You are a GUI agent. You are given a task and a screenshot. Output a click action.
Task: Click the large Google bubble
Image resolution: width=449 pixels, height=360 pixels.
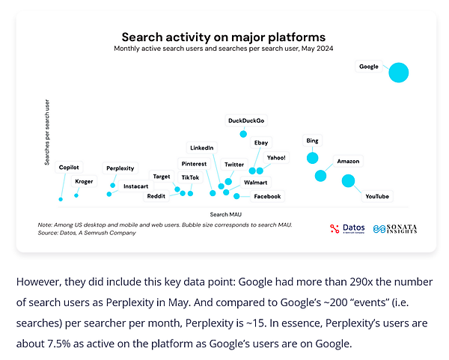click(x=398, y=73)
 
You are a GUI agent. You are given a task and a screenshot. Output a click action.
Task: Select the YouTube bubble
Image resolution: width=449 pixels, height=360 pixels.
click(x=348, y=180)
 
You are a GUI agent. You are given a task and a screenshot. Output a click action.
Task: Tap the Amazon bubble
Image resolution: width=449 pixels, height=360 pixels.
click(x=320, y=175)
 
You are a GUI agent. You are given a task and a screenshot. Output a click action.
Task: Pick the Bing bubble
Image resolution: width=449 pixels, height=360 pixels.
click(x=312, y=158)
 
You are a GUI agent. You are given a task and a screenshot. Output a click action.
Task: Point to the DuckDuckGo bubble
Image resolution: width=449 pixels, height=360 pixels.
click(x=243, y=134)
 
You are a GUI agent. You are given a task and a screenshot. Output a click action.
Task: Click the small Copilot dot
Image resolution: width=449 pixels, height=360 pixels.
click(x=61, y=199)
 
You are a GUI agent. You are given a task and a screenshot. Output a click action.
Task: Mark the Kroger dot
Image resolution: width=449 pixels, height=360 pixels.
click(x=76, y=195)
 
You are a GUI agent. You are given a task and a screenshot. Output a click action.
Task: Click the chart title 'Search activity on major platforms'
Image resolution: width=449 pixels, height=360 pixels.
click(x=224, y=36)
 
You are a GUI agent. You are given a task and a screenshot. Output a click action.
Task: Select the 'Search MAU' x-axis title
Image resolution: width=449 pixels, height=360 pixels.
click(x=224, y=214)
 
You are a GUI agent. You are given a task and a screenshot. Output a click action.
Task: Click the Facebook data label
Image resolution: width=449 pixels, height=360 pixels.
click(x=267, y=196)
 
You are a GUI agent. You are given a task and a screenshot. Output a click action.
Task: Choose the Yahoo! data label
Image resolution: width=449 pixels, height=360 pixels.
click(x=276, y=157)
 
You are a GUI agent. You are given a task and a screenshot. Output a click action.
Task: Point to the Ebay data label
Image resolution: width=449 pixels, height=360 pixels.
click(x=261, y=142)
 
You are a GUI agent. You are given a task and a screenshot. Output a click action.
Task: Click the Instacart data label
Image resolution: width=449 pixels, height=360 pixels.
click(x=135, y=186)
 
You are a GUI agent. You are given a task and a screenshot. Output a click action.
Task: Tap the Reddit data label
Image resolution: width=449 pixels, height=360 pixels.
click(x=156, y=196)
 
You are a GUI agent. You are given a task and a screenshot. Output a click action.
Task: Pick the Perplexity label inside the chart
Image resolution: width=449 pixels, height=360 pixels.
click(x=120, y=168)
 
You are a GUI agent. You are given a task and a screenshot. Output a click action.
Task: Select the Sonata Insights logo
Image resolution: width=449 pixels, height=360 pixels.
click(x=398, y=228)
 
